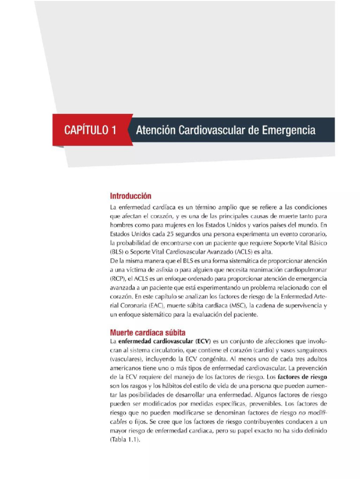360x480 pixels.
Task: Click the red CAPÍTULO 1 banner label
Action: (87, 130)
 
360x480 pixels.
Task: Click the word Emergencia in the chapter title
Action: (288, 130)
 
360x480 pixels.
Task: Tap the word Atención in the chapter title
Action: (156, 130)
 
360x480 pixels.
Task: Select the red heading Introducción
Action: (130, 195)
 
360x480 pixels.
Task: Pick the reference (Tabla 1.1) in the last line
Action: (125, 440)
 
